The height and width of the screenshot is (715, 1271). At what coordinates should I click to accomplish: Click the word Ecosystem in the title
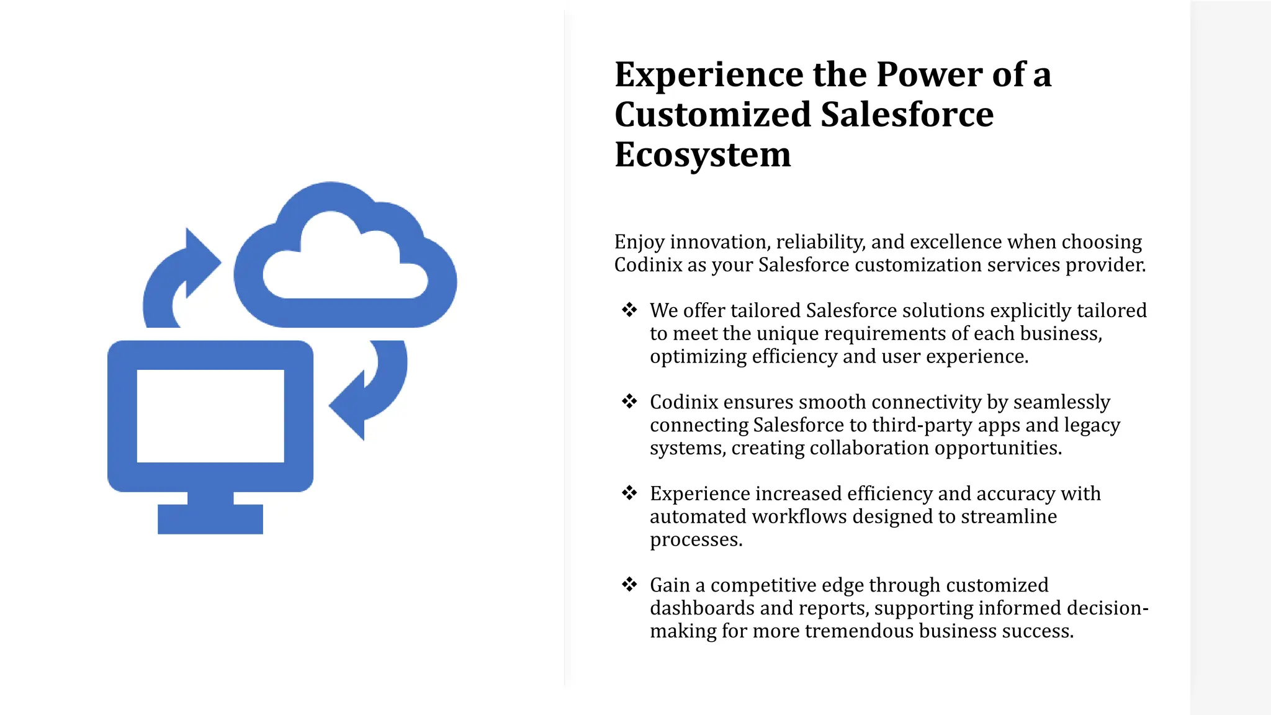tap(703, 155)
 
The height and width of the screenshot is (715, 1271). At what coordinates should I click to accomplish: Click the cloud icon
tap(345, 261)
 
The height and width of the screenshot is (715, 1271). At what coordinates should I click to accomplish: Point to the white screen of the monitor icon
tap(210, 416)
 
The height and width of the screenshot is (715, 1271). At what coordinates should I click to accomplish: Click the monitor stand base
tap(210, 519)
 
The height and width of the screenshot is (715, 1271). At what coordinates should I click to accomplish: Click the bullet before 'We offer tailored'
tap(629, 310)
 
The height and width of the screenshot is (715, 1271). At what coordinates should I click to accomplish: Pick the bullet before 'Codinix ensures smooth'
tap(629, 402)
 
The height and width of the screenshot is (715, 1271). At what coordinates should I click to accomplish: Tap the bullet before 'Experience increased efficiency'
tap(629, 493)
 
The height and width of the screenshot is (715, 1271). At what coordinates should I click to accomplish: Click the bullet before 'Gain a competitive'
tap(629, 585)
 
